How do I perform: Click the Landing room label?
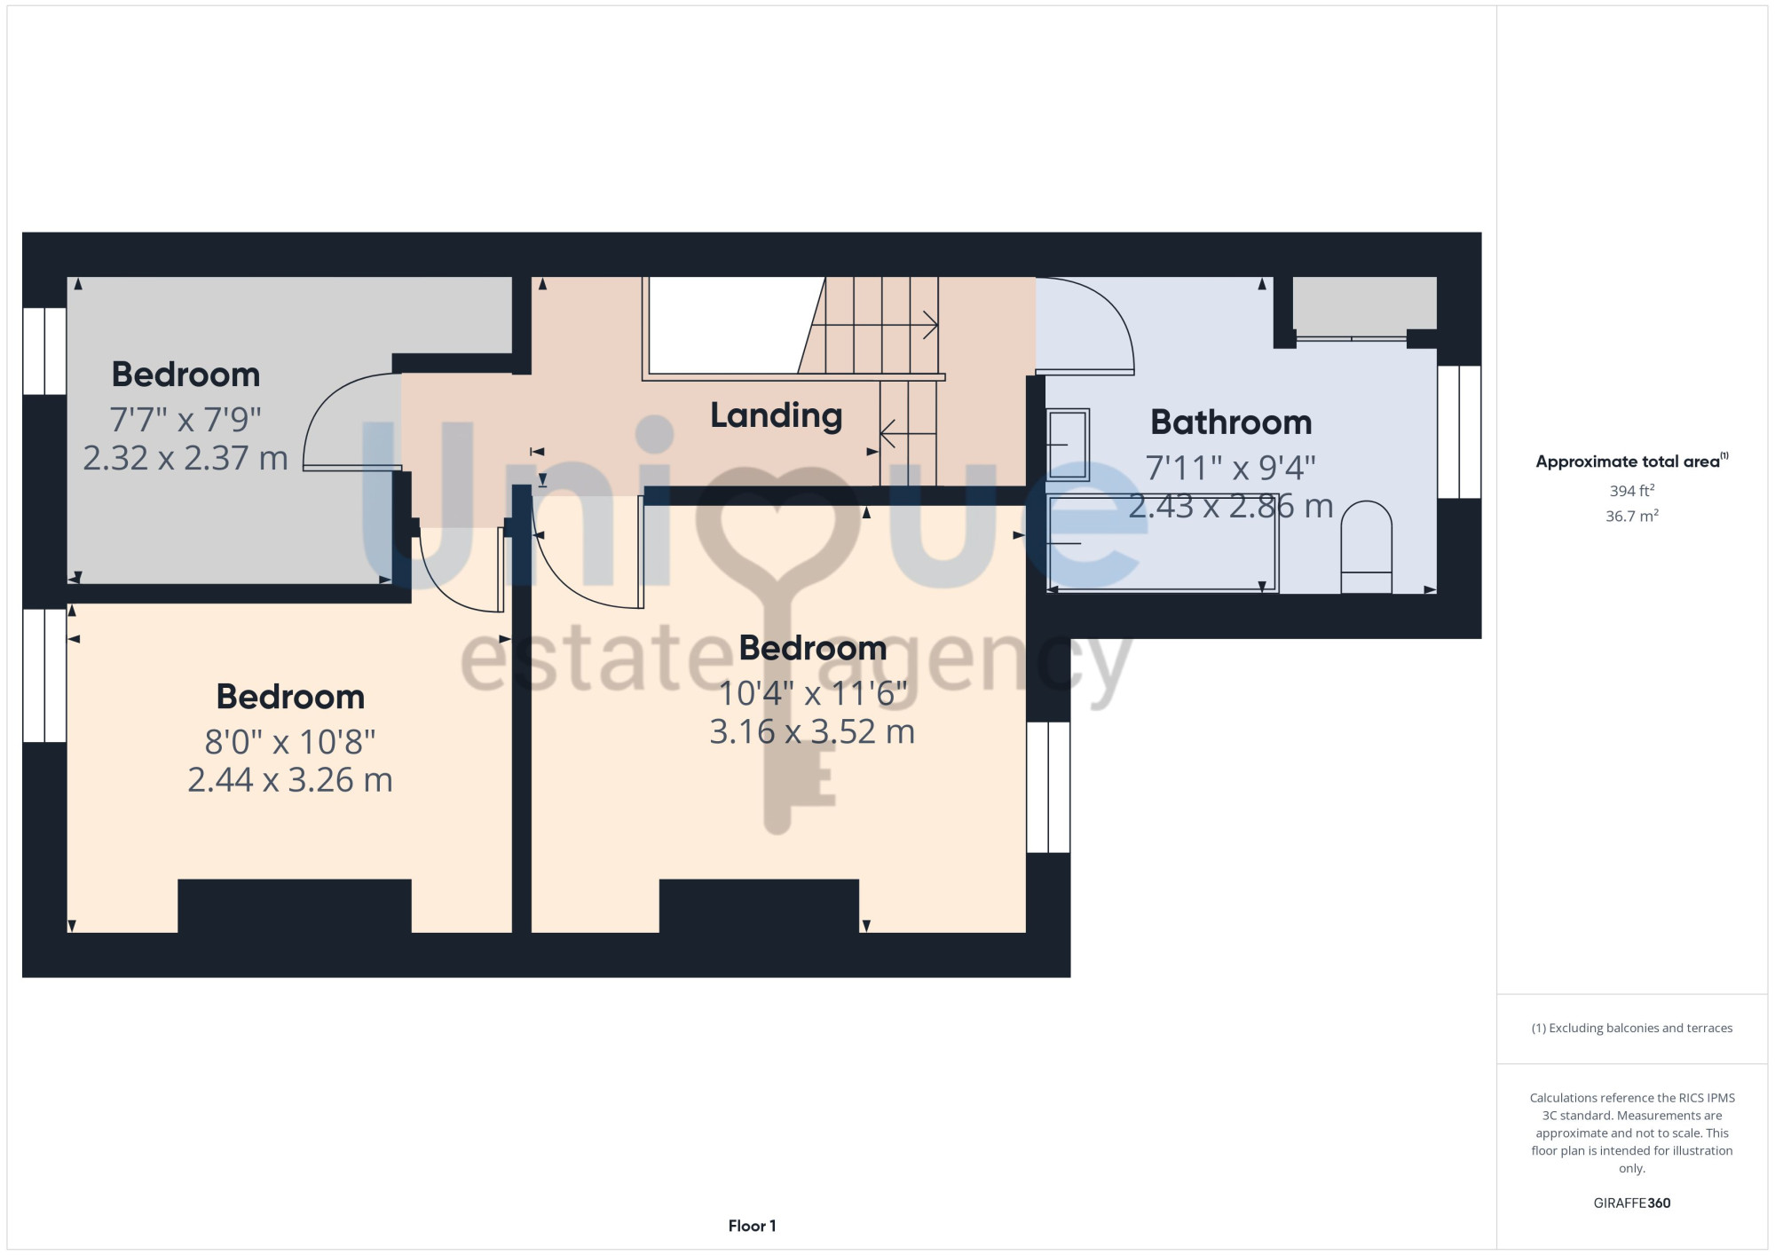pos(776,415)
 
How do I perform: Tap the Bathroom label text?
pos(1231,422)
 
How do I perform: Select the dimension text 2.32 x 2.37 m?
pos(185,458)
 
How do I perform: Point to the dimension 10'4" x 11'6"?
pos(812,693)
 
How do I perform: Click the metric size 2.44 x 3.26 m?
pos(290,779)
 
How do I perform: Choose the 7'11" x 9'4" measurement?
pos(1231,467)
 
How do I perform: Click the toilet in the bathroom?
pos(1366,547)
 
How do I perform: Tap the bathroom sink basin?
pos(1067,444)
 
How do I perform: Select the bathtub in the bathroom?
pos(1162,542)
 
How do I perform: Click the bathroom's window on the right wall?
pos(1459,431)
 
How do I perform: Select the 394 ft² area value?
pos(1631,490)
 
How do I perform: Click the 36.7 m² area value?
pos(1631,516)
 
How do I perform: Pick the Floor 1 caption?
pos(752,1226)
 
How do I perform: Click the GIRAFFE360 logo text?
pos(1631,1204)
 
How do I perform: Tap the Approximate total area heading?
pos(1631,461)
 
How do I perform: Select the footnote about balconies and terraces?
pos(1631,1028)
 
